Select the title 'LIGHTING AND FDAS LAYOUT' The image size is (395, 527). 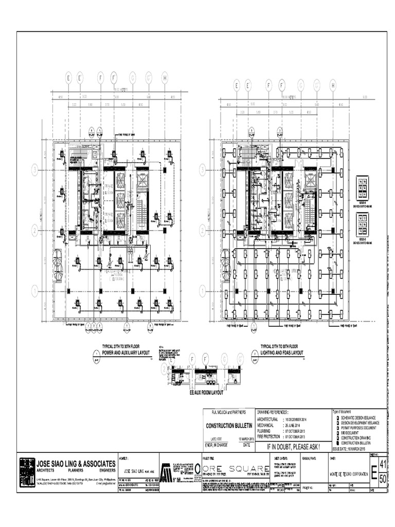click(x=282, y=353)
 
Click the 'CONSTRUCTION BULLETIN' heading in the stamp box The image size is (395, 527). click(x=228, y=426)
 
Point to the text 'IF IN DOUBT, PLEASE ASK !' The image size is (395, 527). click(x=293, y=447)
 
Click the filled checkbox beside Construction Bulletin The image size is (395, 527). click(x=337, y=443)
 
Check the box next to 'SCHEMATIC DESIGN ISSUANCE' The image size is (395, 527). click(x=337, y=417)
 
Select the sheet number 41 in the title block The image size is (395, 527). click(x=383, y=464)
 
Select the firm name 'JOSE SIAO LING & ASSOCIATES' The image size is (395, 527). click(x=76, y=463)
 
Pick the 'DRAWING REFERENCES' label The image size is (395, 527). click(x=273, y=412)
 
